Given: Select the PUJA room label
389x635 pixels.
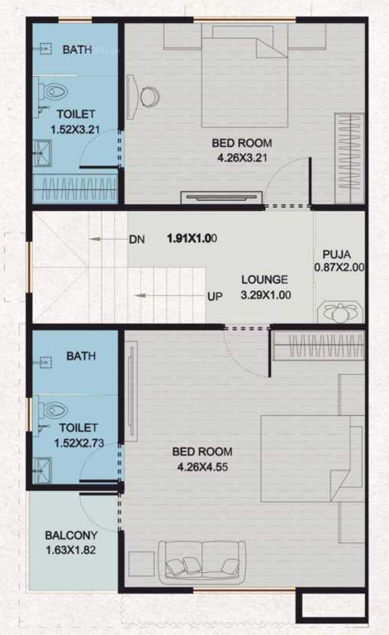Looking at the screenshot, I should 339,261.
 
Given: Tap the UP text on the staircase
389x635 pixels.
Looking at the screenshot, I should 214,296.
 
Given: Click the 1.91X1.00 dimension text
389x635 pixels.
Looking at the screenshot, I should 192,239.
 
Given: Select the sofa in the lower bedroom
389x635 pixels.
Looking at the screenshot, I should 202,561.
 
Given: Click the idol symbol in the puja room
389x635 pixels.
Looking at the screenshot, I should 339,313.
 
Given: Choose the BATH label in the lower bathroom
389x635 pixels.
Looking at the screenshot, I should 81,356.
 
